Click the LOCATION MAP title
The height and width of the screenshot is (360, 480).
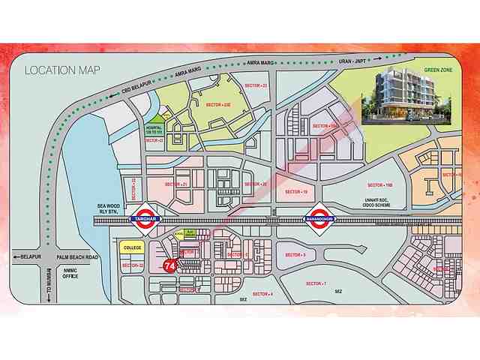pos(61,70)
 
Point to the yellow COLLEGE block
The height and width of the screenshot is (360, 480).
pos(132,247)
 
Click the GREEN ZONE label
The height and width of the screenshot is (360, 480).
pos(437,70)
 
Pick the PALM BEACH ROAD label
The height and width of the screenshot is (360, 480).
pos(82,257)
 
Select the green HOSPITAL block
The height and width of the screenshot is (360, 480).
pos(155,128)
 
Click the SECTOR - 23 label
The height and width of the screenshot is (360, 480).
pos(254,85)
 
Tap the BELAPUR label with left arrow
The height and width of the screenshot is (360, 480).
pos(27,256)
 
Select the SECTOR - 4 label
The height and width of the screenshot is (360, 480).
pos(262,293)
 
